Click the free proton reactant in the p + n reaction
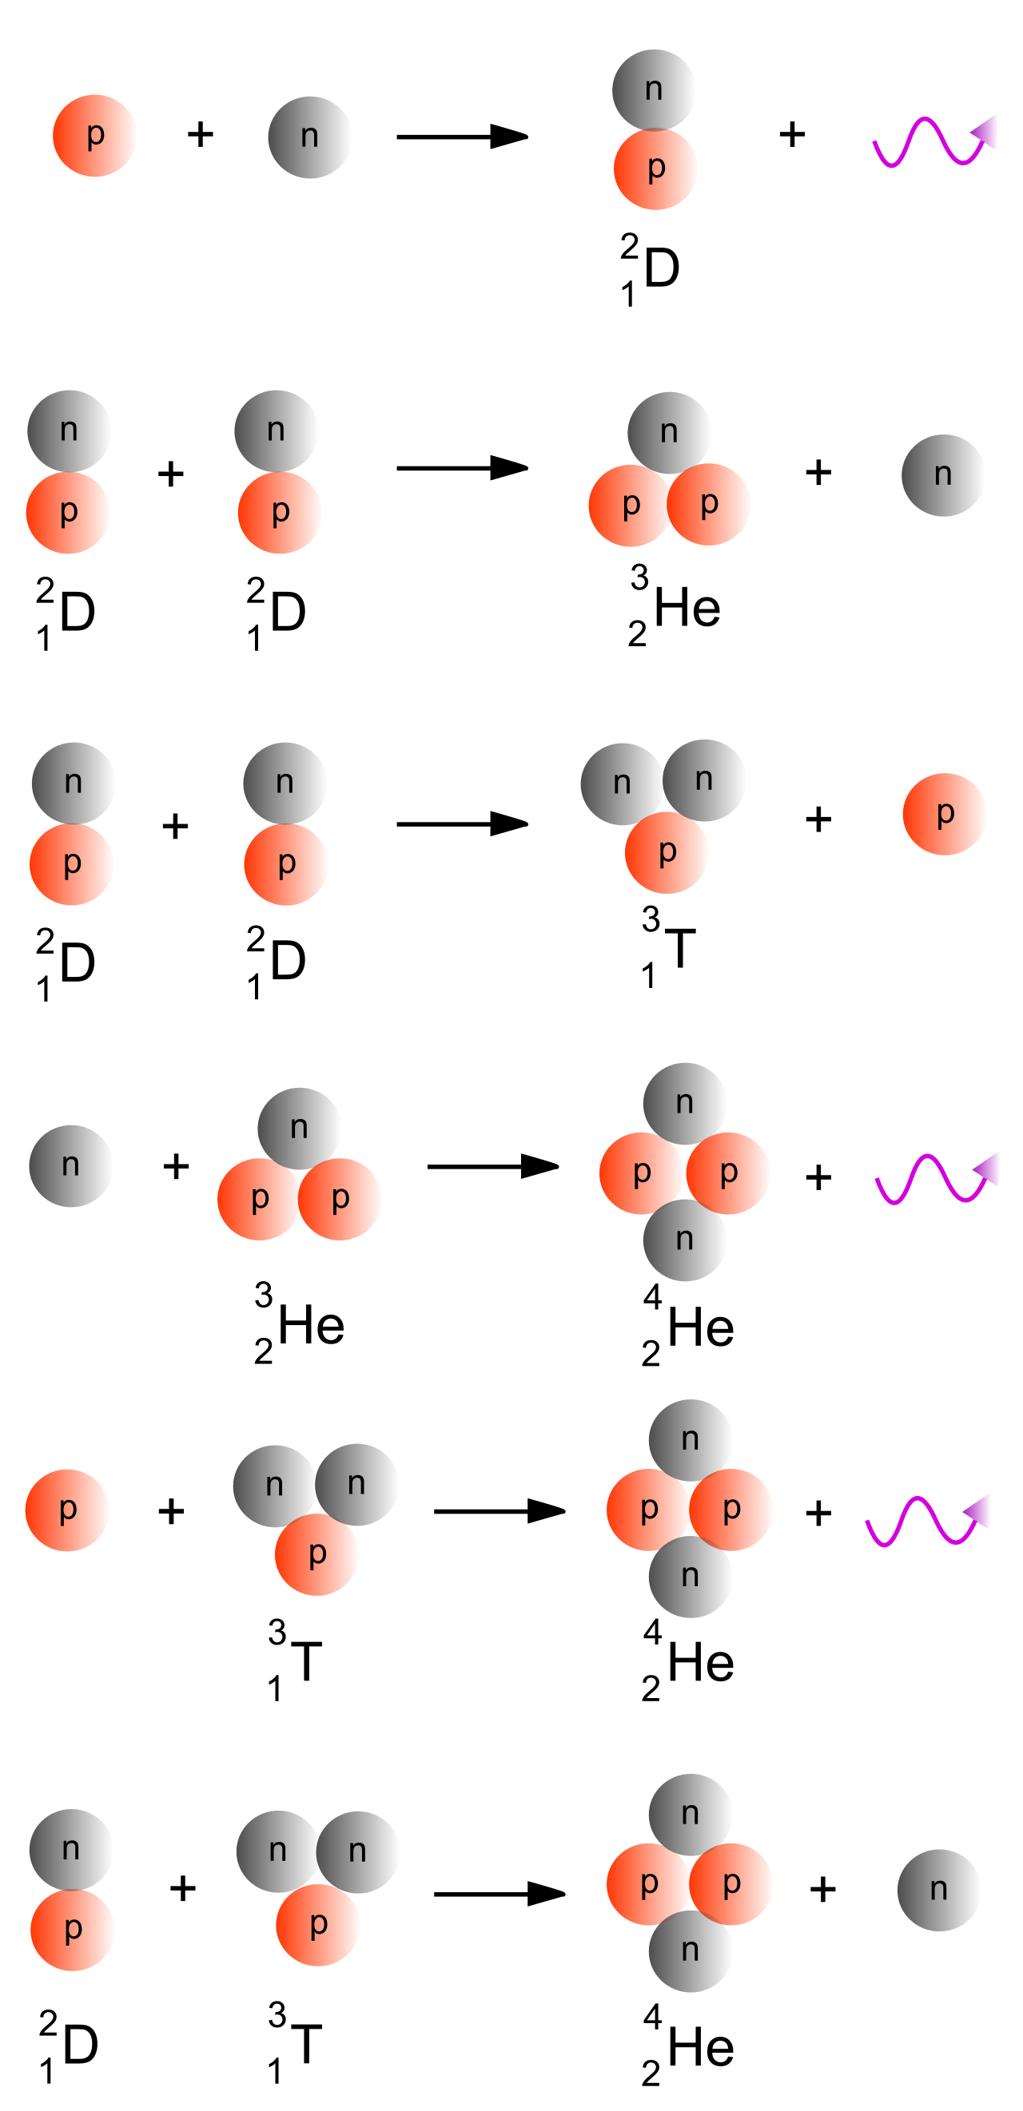click(94, 135)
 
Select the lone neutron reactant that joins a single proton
click(310, 137)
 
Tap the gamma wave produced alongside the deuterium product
click(934, 141)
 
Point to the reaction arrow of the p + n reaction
click(462, 137)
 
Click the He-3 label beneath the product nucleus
click(674, 606)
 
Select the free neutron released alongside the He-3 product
click(942, 475)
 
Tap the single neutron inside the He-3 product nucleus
click(670, 433)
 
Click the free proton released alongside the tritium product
click(945, 814)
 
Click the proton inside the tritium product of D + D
click(667, 852)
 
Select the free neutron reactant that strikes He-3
click(70, 1165)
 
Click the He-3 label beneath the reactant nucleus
click(298, 1323)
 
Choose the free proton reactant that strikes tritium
click(67, 1510)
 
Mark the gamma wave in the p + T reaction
click(928, 1520)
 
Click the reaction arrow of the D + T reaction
click(500, 1894)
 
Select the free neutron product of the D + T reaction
click(939, 1890)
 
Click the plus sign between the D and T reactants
click(183, 1888)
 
